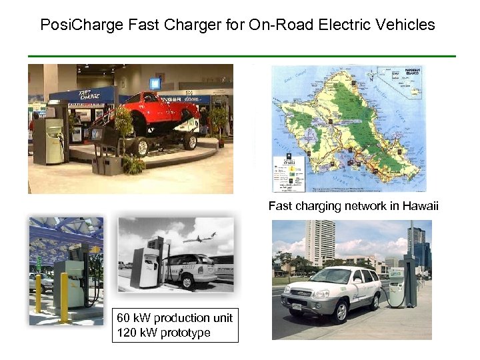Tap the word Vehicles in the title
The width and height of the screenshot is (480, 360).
point(406,26)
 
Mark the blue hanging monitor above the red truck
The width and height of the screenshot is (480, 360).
point(155,83)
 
